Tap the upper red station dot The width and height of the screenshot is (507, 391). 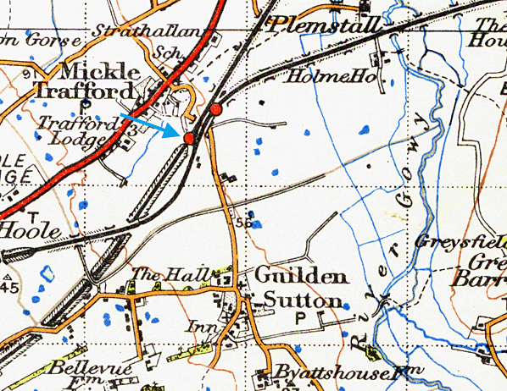pyautogui.click(x=216, y=109)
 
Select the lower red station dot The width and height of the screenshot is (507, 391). pyautogui.click(x=189, y=135)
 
